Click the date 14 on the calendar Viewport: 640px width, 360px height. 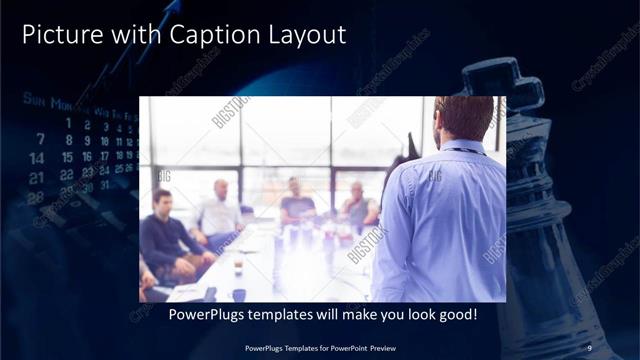pos(37,158)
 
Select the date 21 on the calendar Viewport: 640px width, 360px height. pos(37,177)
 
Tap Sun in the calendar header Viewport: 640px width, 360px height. pos(34,100)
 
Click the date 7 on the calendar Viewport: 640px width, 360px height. pos(40,139)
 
